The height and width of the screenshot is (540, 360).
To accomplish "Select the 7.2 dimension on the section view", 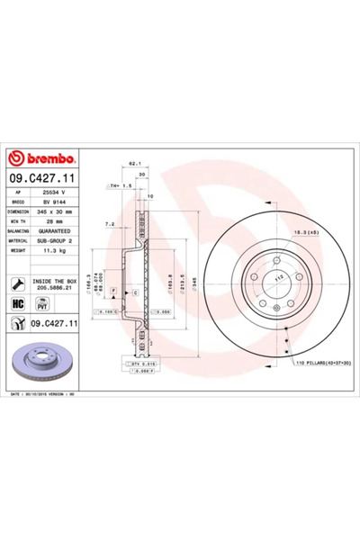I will [x=110, y=222].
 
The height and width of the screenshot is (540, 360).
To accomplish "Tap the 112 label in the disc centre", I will [x=277, y=276].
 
